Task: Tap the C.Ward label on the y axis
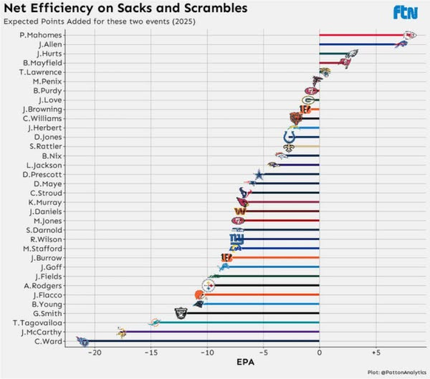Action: click(x=48, y=340)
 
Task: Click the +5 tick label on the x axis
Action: click(x=375, y=352)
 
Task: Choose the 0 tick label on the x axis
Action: click(x=319, y=352)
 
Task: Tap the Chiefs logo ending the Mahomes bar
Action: click(x=409, y=35)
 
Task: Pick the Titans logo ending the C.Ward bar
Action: click(x=81, y=340)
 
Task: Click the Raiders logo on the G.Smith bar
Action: click(x=181, y=313)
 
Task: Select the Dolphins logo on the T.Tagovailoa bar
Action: click(x=154, y=322)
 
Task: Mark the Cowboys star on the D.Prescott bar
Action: click(x=259, y=174)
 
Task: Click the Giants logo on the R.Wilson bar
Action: click(x=236, y=239)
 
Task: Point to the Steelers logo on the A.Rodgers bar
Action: click(x=209, y=285)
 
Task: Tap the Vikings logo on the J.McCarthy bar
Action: click(x=122, y=332)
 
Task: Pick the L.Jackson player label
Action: click(x=45, y=165)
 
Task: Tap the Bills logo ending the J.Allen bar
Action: click(x=401, y=44)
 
